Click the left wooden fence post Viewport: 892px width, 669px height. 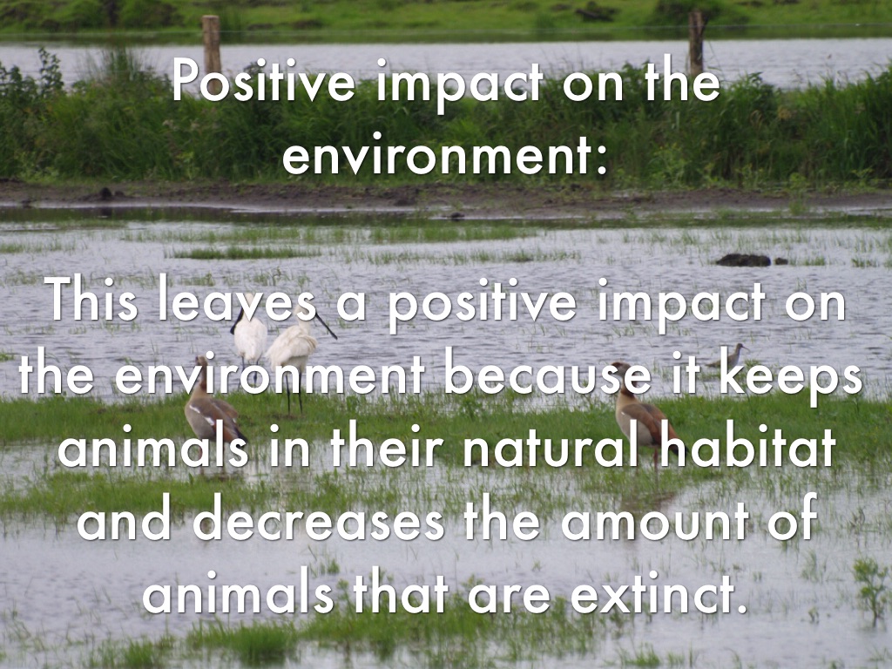pos(211,44)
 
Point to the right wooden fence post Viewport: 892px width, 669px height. pos(696,43)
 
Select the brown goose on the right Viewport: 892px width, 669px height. pos(643,413)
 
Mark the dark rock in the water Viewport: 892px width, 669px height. pos(743,260)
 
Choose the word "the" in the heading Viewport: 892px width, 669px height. pos(683,84)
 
